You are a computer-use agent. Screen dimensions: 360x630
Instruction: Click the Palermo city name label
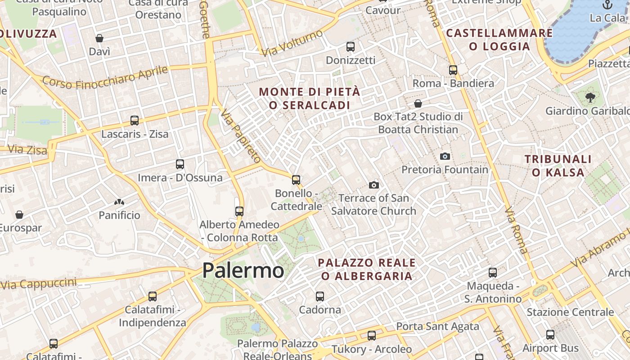coord(243,270)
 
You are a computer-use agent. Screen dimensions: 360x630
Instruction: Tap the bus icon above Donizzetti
coord(351,46)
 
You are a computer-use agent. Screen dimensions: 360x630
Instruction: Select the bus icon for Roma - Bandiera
coord(453,70)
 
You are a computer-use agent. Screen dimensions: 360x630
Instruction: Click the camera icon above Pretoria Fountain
coord(445,156)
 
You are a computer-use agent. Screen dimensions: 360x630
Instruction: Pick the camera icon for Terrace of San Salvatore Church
coord(373,185)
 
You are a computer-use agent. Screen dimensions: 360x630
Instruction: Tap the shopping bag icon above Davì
coord(99,38)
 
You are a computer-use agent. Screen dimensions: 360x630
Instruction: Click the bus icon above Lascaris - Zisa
coord(135,120)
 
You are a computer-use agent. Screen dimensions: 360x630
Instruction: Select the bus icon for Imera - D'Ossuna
coord(180,164)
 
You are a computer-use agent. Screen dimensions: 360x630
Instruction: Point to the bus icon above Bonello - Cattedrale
coord(296,180)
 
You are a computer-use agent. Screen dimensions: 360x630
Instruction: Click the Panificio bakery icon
coord(119,202)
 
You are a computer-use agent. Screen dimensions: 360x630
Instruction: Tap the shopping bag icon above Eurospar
coord(19,215)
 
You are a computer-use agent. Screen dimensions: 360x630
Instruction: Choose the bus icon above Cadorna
coord(320,296)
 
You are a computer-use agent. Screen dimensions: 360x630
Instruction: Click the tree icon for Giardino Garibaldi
coord(590,97)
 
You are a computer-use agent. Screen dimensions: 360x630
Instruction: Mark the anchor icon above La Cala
coord(608,5)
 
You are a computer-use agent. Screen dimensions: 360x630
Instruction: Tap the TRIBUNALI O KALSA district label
coord(558,166)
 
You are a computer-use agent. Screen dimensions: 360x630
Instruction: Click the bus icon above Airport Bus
coord(550,334)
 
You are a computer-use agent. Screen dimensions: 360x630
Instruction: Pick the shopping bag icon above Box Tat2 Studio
coord(418,103)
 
